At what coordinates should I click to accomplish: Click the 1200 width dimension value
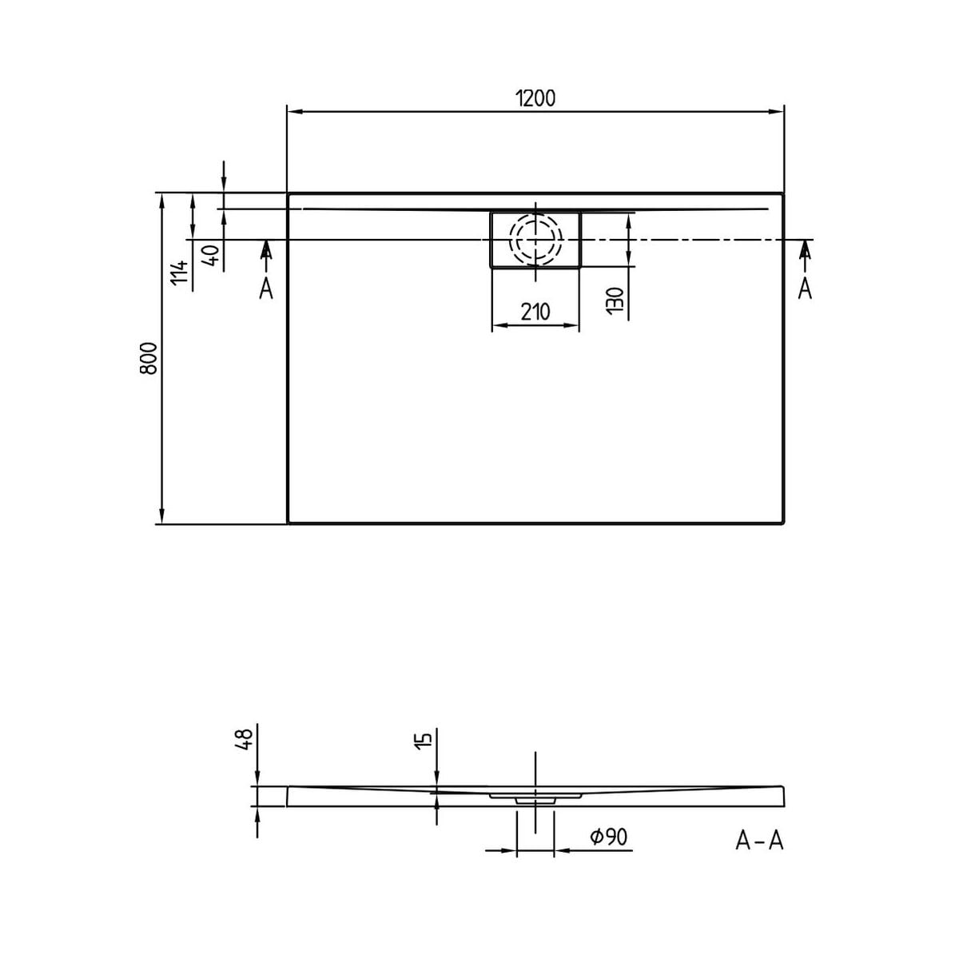[x=535, y=98]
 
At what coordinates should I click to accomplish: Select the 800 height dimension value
[x=149, y=358]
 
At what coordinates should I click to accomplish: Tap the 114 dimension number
[x=180, y=273]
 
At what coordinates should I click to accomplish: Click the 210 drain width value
[x=535, y=312]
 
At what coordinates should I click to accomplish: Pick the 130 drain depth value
[x=615, y=300]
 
